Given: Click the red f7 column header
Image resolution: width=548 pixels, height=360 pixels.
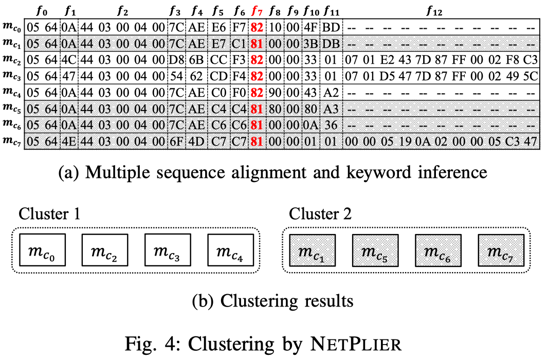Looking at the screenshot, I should click(257, 11).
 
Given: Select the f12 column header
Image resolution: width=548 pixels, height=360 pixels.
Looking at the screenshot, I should click(437, 11).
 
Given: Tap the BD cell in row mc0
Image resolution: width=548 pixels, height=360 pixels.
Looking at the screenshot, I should click(330, 27).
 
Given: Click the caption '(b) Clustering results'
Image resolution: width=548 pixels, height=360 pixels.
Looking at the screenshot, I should click(272, 300).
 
